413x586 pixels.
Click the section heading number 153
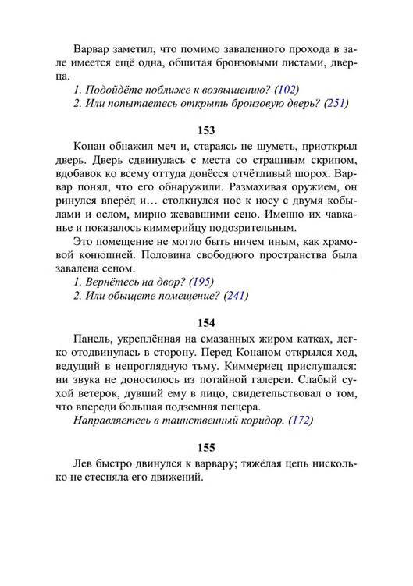(206, 130)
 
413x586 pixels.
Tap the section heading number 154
(206, 321)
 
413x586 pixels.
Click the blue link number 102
(289, 89)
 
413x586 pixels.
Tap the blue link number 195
(202, 281)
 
